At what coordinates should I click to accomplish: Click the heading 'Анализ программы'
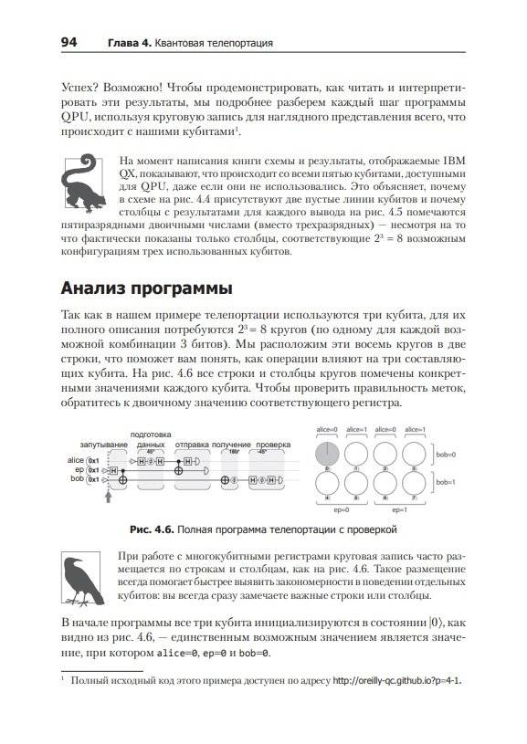tap(146, 288)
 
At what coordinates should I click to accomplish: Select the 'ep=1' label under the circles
tap(401, 508)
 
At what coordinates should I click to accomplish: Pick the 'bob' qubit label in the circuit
tap(78, 477)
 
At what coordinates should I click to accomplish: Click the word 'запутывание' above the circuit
tap(102, 445)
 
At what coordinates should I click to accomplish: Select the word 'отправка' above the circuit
tap(193, 445)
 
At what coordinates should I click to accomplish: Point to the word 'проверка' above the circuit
tap(273, 445)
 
